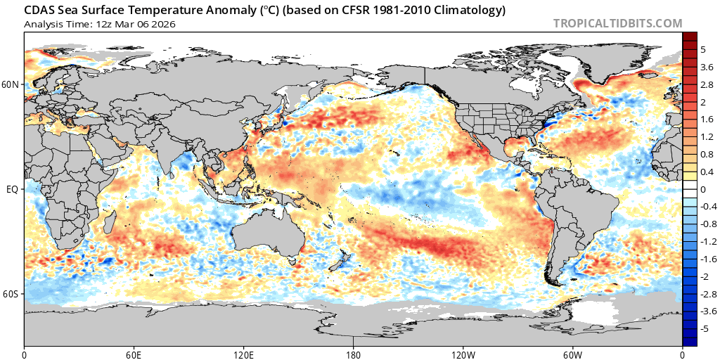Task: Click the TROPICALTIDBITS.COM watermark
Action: [x=617, y=23]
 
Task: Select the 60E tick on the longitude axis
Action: [x=134, y=354]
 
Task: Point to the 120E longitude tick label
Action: [x=244, y=354]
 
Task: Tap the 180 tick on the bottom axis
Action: [x=354, y=354]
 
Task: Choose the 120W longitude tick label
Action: [x=463, y=354]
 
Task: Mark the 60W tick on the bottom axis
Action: [x=573, y=354]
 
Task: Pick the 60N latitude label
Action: [x=11, y=84]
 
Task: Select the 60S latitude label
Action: [x=11, y=294]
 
